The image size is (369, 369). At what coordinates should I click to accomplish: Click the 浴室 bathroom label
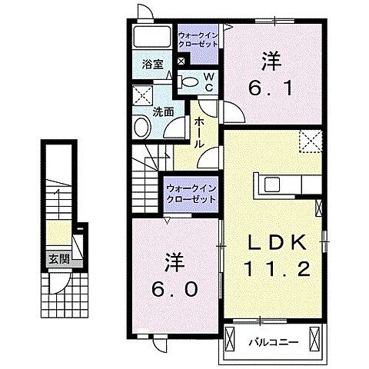(x=151, y=65)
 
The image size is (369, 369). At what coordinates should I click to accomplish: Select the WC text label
(x=207, y=82)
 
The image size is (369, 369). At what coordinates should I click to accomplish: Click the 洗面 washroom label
(x=162, y=111)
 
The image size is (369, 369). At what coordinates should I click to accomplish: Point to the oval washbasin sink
(x=142, y=126)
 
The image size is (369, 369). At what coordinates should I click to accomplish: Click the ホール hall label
(x=199, y=132)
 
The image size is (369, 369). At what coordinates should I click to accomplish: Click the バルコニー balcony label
(x=271, y=339)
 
